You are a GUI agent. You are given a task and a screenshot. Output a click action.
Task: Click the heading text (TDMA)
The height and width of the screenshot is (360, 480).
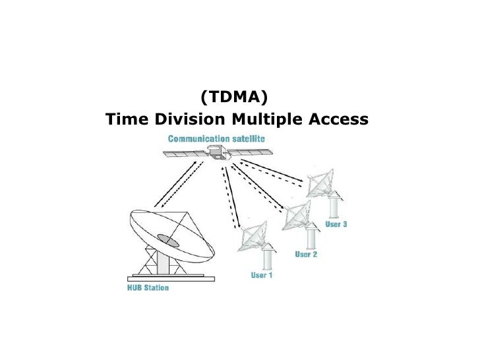pyautogui.click(x=234, y=98)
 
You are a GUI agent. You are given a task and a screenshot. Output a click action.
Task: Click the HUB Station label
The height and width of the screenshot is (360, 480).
pyautogui.click(x=148, y=287)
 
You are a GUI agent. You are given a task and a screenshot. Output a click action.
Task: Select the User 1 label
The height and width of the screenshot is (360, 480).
pyautogui.click(x=261, y=275)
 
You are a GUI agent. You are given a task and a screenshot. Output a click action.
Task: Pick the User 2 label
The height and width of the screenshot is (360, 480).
pyautogui.click(x=306, y=254)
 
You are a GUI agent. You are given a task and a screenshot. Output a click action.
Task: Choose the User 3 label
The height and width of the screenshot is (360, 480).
pyautogui.click(x=336, y=224)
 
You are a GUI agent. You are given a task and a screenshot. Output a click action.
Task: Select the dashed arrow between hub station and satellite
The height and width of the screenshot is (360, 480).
pyautogui.click(x=175, y=185)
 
